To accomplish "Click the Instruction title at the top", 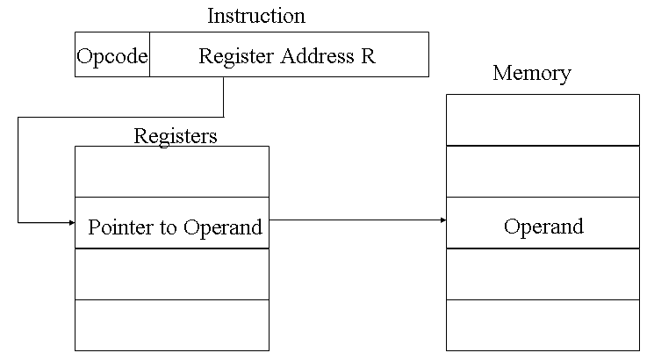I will pos(256,16).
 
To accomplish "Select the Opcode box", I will pos(111,56).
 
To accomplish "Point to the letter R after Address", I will pos(368,56).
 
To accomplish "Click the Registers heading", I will pos(176,135).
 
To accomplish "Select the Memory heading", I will pos(531,73).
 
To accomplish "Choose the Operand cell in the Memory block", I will pos(543,227).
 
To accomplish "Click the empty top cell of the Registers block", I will pos(171,172).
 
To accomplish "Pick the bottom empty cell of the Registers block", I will pos(171,325).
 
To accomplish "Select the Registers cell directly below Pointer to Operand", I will pos(171,274).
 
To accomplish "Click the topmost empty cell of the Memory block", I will pos(543,119).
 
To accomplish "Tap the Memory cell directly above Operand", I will pos(543,171).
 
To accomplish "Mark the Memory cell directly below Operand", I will pos(543,274).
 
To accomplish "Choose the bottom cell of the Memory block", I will pos(543,325).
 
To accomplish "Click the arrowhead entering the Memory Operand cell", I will pos(442,222).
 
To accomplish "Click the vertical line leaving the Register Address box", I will pos(224,97).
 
